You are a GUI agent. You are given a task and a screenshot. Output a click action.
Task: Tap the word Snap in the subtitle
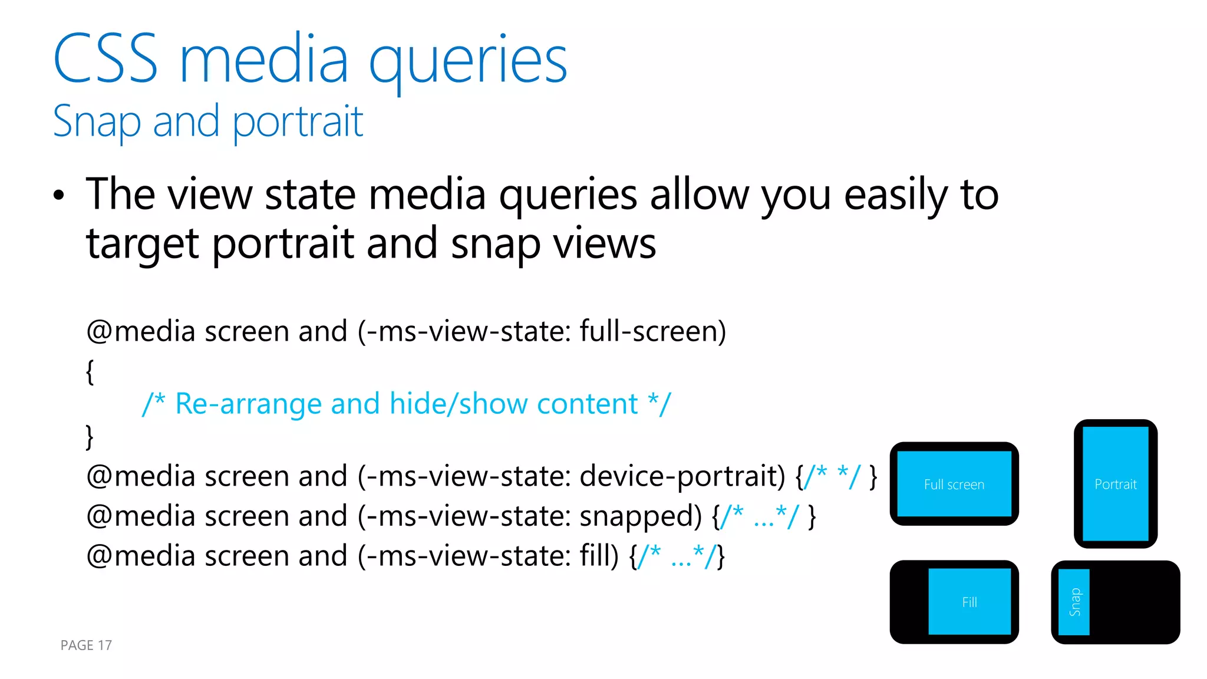97,122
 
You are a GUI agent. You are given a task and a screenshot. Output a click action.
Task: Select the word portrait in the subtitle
298,122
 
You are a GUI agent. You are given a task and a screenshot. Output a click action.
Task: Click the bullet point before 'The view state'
58,196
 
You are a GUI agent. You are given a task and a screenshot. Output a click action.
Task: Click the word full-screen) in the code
652,331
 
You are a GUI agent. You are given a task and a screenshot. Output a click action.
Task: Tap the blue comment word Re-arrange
248,404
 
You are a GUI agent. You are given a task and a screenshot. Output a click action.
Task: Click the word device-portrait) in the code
682,476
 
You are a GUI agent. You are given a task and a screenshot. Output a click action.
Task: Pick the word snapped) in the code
641,516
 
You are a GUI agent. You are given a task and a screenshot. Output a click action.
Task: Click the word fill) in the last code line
599,556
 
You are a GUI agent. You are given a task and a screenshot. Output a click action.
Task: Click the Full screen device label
954,484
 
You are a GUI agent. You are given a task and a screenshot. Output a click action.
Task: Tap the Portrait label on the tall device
1115,484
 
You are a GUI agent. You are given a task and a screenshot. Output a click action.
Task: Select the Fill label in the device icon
969,602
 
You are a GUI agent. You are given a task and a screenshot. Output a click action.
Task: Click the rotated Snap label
1074,602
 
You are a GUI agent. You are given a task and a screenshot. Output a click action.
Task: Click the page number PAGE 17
86,645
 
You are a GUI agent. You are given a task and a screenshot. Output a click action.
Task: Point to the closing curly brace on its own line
90,437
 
